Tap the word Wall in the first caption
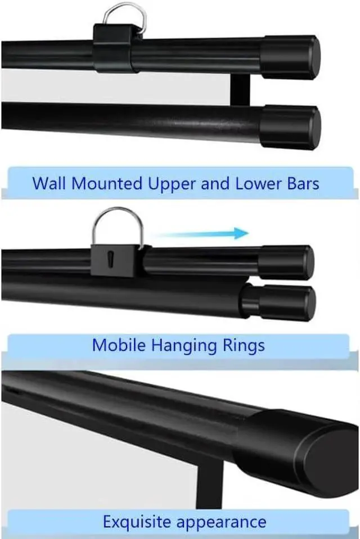pos(48,183)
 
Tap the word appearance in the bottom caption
pos(221,522)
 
